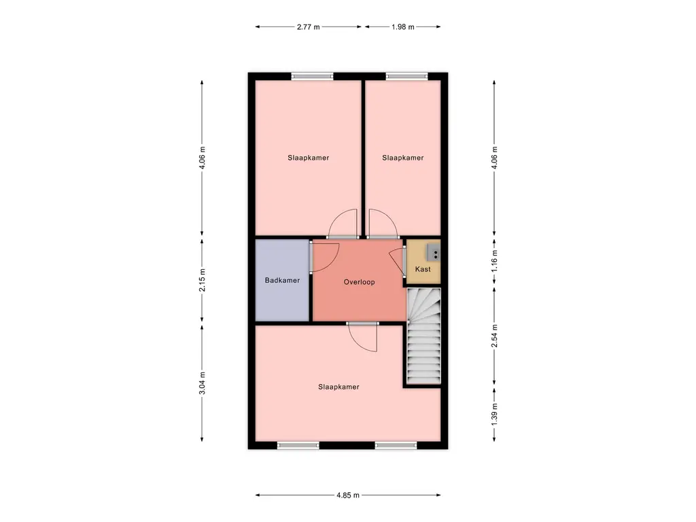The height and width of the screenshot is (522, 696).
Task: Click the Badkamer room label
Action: click(x=282, y=280)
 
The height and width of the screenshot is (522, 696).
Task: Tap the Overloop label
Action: click(x=359, y=282)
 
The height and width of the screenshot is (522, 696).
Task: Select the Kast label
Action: click(x=423, y=269)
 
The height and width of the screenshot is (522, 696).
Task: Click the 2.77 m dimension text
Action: click(x=308, y=27)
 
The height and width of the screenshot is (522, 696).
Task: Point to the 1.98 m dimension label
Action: click(x=402, y=27)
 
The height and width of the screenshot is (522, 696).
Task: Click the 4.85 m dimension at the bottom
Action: click(x=348, y=495)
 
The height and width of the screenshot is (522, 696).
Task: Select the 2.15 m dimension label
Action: click(x=202, y=280)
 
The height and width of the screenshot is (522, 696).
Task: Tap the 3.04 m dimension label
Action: click(x=202, y=383)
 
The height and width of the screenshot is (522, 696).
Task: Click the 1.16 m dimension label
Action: click(x=495, y=260)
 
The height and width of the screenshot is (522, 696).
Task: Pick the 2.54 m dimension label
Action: click(x=495, y=336)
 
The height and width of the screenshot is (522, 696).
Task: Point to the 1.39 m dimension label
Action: click(x=495, y=414)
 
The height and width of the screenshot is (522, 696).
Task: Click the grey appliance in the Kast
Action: click(x=434, y=253)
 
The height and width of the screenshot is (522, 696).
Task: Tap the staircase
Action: click(x=424, y=336)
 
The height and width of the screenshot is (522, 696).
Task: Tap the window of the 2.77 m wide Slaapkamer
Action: click(x=312, y=76)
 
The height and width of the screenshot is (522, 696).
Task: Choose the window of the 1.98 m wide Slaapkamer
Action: click(x=406, y=76)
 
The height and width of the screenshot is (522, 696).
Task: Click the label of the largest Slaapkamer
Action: click(x=338, y=387)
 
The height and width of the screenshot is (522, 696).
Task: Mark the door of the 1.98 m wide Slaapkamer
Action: click(x=383, y=223)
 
